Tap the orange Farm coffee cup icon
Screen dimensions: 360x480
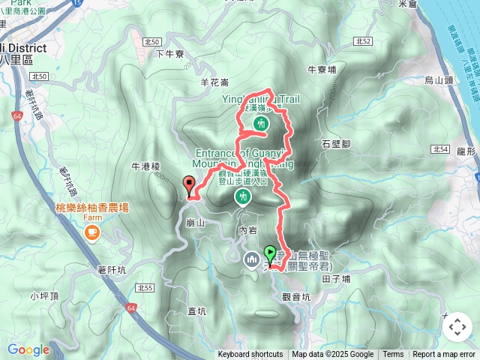[92, 232]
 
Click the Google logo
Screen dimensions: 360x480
[28, 349]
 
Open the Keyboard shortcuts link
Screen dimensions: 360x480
[250, 355]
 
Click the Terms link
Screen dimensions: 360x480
[393, 355]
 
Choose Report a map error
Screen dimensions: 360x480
[444, 355]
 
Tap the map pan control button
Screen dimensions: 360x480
[457, 327]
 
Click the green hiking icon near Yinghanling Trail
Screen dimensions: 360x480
[261, 123]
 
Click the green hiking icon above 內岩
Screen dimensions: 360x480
[242, 197]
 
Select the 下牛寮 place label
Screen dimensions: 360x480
[169, 53]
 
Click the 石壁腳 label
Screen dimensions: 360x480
[336, 142]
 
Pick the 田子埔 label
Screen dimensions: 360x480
[336, 278]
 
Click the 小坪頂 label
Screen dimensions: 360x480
[44, 295]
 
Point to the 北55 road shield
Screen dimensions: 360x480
[145, 288]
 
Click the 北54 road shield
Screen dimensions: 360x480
[441, 150]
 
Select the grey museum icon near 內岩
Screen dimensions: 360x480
[251, 259]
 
